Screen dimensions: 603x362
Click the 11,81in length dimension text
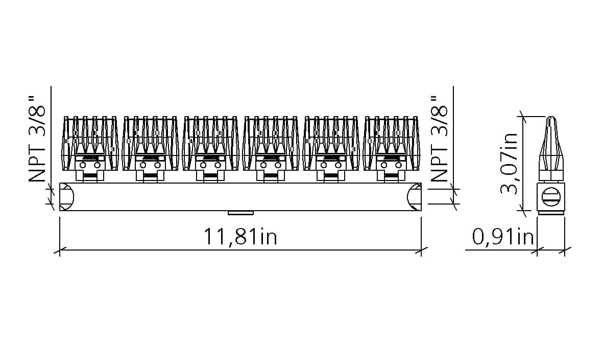[x=240, y=236]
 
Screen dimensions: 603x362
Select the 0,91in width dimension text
[x=503, y=236]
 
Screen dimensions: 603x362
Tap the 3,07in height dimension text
[x=510, y=163]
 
